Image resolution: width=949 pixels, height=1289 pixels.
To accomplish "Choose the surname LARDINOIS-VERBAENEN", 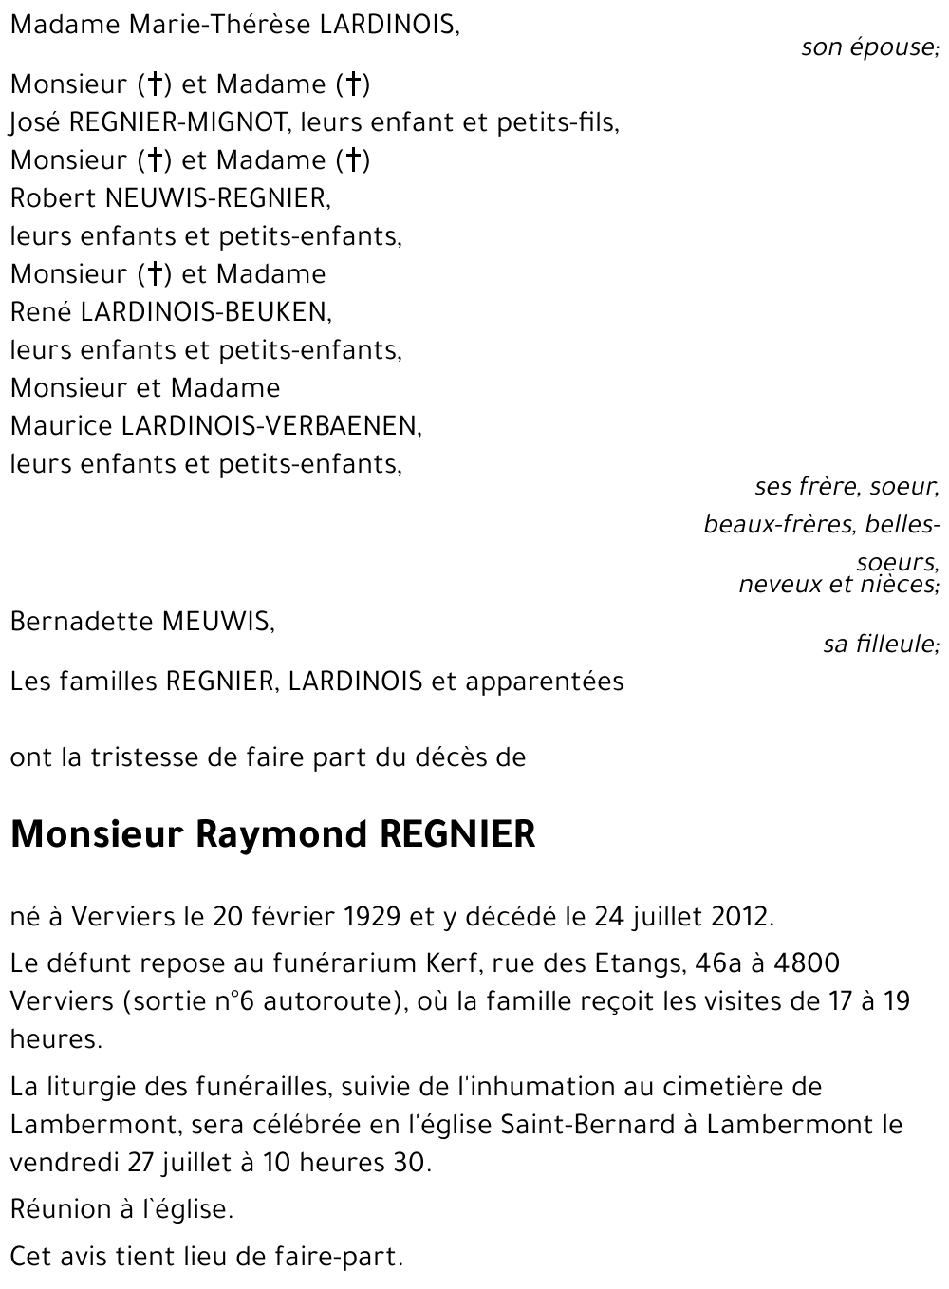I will pos(270,426).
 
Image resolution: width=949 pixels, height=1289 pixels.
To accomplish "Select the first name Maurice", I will pos(61,426).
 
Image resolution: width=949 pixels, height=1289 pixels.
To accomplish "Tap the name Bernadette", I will pos(82,622).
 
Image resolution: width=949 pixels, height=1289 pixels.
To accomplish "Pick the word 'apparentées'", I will pos(545,682).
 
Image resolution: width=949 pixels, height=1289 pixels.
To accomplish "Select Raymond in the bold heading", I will pos(281,834).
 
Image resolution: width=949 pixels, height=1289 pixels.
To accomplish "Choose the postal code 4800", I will pos(807,963).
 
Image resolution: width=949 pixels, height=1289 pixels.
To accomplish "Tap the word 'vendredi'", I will pos(65,1163).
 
